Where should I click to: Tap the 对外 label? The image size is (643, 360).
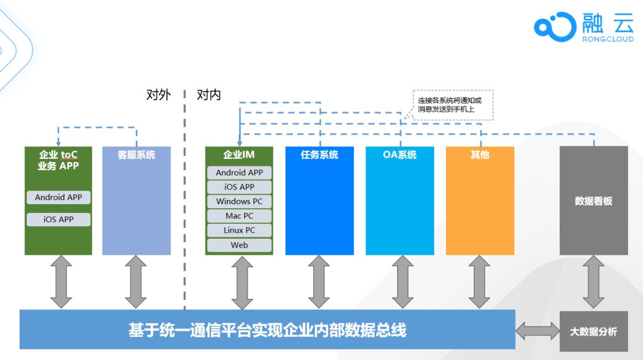tap(158, 95)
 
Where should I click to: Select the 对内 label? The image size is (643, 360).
tap(209, 95)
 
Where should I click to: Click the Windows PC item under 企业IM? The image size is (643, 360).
tap(239, 201)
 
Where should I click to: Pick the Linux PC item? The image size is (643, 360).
tap(239, 230)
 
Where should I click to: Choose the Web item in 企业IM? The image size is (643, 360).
tap(239, 245)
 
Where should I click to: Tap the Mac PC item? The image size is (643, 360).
tap(239, 216)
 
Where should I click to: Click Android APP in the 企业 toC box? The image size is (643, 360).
tap(58, 197)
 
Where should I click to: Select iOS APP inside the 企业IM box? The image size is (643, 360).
tap(239, 187)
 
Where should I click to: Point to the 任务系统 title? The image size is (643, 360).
tap(319, 155)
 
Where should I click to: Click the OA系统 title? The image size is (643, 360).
tap(399, 155)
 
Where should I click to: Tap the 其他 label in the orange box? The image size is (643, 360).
tap(479, 155)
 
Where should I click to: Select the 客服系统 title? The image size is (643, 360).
tap(136, 155)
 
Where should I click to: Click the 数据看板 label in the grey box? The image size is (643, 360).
tap(593, 201)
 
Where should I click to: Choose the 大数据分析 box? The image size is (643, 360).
tap(594, 331)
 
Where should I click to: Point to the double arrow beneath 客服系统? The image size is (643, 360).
tap(136, 281)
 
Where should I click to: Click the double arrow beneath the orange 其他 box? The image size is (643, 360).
tap(479, 281)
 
